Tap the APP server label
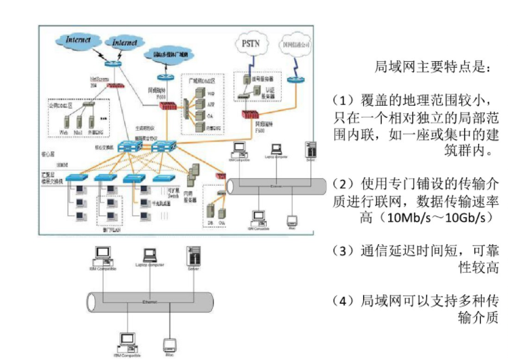pos(210,104)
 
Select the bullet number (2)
pos(343,184)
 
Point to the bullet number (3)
pos(343,251)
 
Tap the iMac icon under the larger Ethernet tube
pos(169,342)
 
